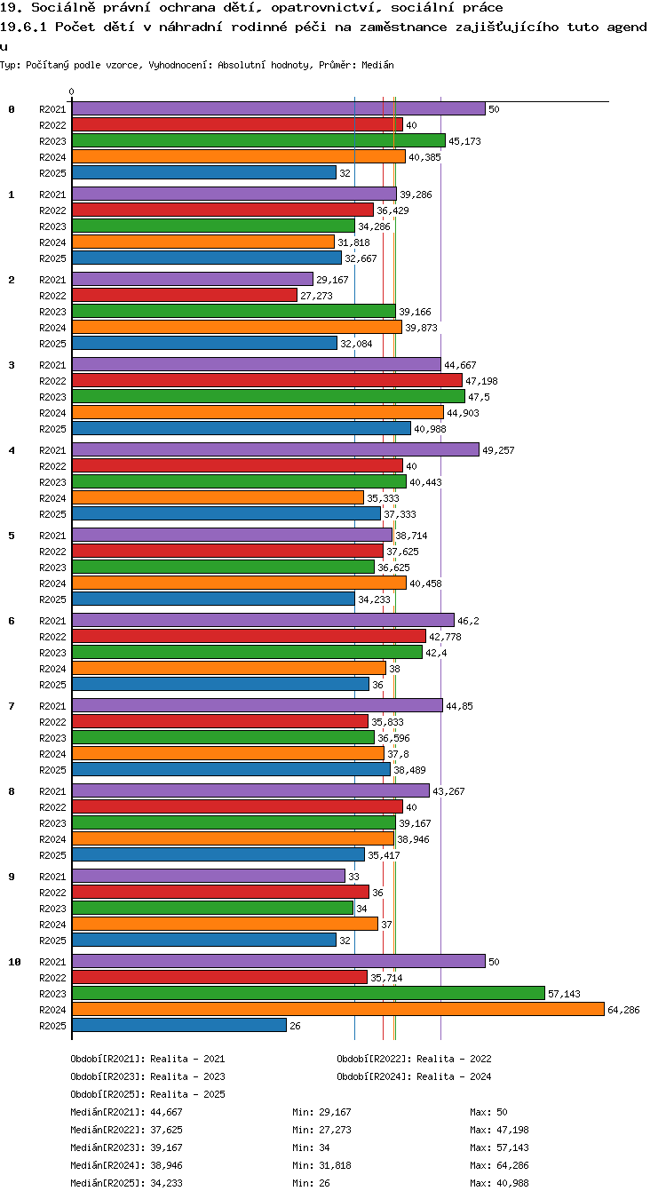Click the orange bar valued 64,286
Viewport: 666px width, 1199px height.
tap(337, 1009)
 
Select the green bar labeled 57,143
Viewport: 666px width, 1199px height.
tap(308, 993)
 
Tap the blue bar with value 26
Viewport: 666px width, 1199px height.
tap(179, 1025)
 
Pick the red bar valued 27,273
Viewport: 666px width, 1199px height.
tap(185, 295)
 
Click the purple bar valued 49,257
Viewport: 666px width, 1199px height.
tap(275, 449)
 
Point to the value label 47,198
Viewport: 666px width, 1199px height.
tap(481, 381)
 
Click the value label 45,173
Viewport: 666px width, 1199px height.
tap(464, 141)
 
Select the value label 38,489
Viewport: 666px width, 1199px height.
tap(409, 770)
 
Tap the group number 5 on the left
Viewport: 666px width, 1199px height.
tap(12, 536)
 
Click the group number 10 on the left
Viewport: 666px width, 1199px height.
tap(14, 962)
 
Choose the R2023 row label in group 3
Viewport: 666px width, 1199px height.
tap(52, 397)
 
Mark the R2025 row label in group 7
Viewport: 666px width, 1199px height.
tap(52, 770)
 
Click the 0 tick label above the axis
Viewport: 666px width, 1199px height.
tap(72, 92)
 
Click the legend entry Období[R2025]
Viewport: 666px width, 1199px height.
tap(107, 1094)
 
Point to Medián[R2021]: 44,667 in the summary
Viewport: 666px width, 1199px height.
tap(126, 1112)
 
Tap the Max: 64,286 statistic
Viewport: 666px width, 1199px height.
tap(499, 1165)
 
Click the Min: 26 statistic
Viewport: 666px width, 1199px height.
tap(311, 1183)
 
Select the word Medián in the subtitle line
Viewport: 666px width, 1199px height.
tap(377, 66)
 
